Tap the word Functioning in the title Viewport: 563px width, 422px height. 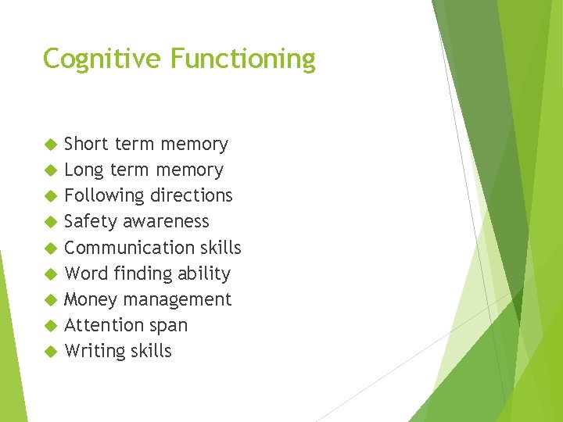click(243, 59)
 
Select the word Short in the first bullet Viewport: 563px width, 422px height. click(87, 144)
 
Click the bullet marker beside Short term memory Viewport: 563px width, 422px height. click(51, 145)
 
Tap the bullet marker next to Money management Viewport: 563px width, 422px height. click(51, 300)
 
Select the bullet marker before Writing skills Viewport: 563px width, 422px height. click(51, 352)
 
